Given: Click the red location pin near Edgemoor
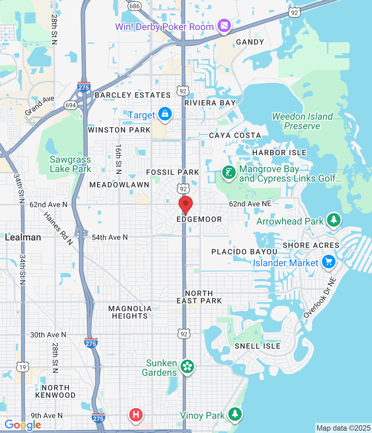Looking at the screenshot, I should point(185,204).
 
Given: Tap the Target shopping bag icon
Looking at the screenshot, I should point(165,114).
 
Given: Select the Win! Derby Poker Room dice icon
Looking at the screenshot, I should point(224,26).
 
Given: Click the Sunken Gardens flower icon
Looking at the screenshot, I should point(187,366).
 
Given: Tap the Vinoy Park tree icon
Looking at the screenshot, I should point(235,414).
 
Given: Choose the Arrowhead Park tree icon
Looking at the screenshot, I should point(334,220).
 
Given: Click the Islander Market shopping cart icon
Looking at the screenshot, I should point(328,262).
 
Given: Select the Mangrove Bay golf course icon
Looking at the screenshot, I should point(229,173).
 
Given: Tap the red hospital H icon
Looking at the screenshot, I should point(136,414).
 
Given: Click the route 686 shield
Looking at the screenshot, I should point(135,6).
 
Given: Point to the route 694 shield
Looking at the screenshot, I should point(71,105).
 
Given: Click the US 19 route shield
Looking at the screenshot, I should point(23,367).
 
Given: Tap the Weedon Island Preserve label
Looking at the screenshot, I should point(302,121).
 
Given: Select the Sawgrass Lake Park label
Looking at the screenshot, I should point(70,164).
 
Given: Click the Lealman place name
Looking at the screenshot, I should point(23,237).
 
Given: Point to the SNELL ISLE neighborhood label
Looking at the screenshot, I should point(258,346).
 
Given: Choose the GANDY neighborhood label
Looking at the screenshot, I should point(250,42).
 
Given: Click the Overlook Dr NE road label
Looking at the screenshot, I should point(320,298).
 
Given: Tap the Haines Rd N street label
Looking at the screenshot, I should point(58,228).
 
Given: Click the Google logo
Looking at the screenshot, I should point(23,425).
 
